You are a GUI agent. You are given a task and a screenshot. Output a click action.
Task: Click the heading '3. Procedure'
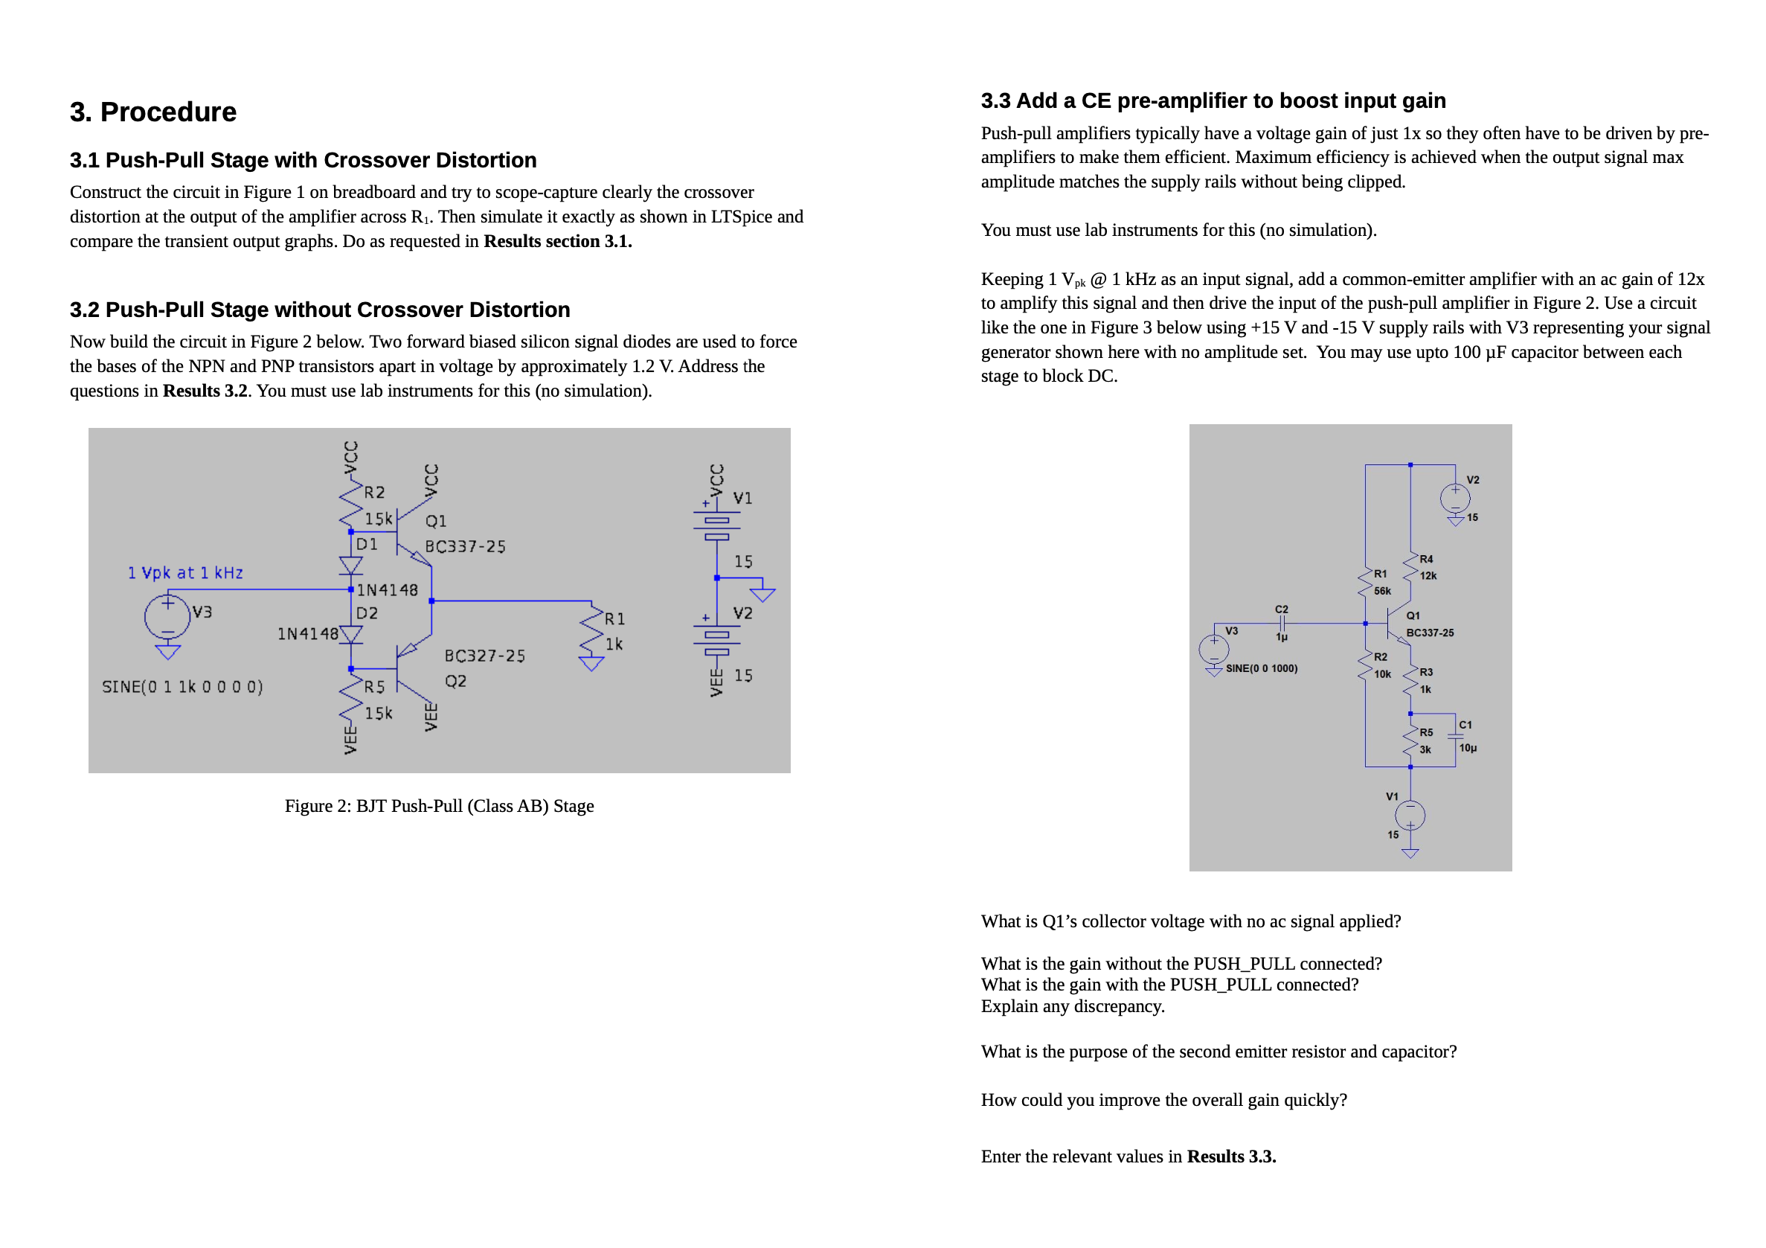(x=153, y=112)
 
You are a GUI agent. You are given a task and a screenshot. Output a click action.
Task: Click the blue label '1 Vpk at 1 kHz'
(x=185, y=573)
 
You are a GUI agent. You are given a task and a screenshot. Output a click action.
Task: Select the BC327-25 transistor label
(x=484, y=656)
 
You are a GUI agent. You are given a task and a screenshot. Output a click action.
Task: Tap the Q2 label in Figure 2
(x=455, y=682)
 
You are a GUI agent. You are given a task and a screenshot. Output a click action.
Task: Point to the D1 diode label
(x=367, y=545)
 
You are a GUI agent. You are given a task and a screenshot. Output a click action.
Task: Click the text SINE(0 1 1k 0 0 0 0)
(x=182, y=687)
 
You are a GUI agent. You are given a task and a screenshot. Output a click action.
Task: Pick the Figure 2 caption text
(x=439, y=807)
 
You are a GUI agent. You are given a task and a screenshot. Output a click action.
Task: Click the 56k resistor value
(x=1382, y=592)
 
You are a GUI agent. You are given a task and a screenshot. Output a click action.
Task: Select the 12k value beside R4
(x=1428, y=576)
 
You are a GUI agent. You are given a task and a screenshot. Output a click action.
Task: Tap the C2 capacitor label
(x=1282, y=609)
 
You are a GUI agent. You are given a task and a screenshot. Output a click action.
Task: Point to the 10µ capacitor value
(x=1468, y=749)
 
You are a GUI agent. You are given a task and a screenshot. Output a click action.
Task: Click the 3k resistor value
(x=1425, y=750)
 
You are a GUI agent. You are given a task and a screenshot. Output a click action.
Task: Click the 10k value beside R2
(x=1382, y=675)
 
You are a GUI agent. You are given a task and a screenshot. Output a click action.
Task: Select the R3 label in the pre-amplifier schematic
(x=1426, y=673)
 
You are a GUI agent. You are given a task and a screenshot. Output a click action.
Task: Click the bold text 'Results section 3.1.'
(x=558, y=242)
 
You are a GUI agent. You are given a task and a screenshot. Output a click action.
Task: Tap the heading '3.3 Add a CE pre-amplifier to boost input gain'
(x=1213, y=100)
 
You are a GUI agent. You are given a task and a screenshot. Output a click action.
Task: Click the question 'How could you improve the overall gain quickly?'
(x=1163, y=1100)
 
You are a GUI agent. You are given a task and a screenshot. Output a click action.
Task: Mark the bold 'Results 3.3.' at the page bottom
(x=1231, y=1157)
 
